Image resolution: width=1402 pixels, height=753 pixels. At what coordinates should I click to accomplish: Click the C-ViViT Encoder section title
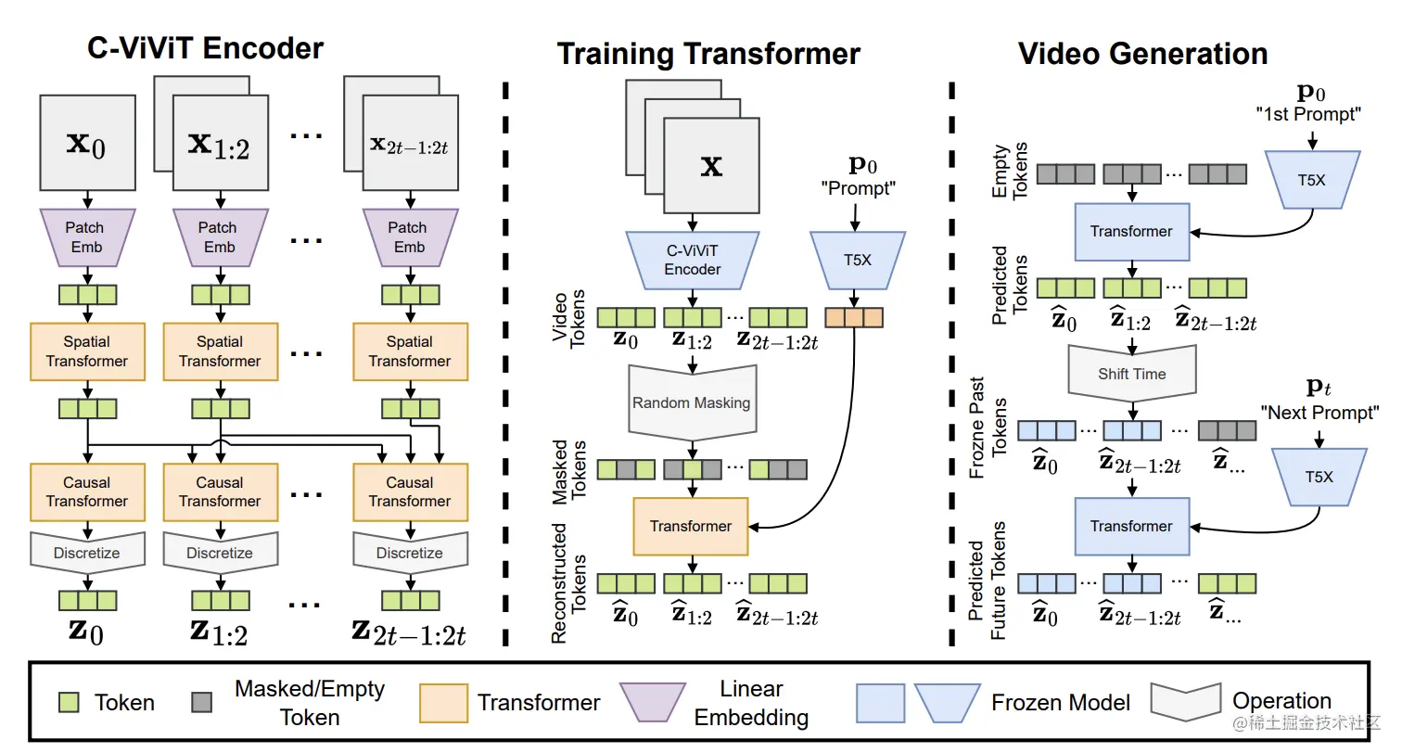[x=205, y=48]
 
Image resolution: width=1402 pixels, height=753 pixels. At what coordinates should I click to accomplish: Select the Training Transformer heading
[x=708, y=54]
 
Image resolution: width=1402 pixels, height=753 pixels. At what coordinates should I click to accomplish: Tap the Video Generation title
[x=1143, y=54]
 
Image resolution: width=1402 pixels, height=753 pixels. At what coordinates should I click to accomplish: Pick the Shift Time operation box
[x=1131, y=373]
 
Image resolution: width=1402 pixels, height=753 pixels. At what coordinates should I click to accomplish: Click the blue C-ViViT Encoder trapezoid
[x=692, y=260]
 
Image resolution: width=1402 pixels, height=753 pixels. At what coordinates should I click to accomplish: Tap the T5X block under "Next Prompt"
[x=1318, y=476]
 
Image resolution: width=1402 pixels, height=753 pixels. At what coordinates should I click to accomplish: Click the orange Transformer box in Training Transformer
[x=691, y=526]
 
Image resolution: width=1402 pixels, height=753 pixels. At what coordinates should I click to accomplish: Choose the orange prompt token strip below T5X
[x=854, y=317]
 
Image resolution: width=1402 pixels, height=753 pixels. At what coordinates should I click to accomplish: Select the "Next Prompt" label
[x=1319, y=413]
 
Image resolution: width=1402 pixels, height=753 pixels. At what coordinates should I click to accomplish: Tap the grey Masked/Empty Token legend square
[x=202, y=703]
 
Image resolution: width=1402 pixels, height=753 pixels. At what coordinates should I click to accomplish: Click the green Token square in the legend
[x=67, y=703]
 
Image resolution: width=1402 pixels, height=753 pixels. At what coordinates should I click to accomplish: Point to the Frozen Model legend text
[x=1061, y=703]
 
